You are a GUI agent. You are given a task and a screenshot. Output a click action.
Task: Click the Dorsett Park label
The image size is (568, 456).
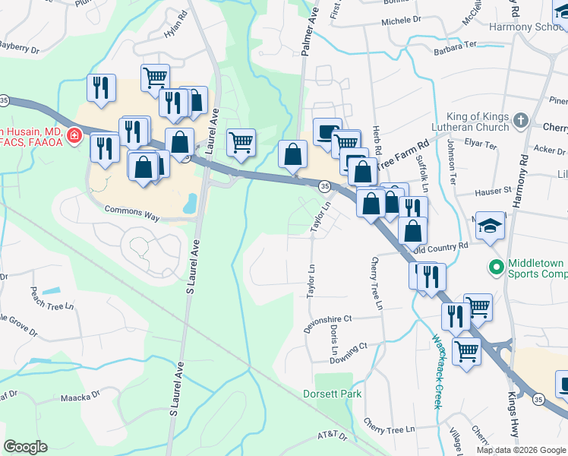click(x=333, y=394)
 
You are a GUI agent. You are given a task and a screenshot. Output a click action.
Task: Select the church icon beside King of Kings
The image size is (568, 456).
click(x=520, y=120)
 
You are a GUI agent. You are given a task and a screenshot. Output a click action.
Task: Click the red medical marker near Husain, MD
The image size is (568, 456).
click(x=74, y=136)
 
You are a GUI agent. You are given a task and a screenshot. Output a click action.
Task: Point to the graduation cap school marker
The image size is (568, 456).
click(x=491, y=226)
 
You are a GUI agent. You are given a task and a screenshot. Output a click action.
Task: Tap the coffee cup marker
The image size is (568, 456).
click(x=327, y=132)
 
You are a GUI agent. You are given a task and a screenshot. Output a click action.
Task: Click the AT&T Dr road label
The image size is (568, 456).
click(x=331, y=436)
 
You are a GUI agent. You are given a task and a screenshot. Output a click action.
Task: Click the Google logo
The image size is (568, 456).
click(x=25, y=447)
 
